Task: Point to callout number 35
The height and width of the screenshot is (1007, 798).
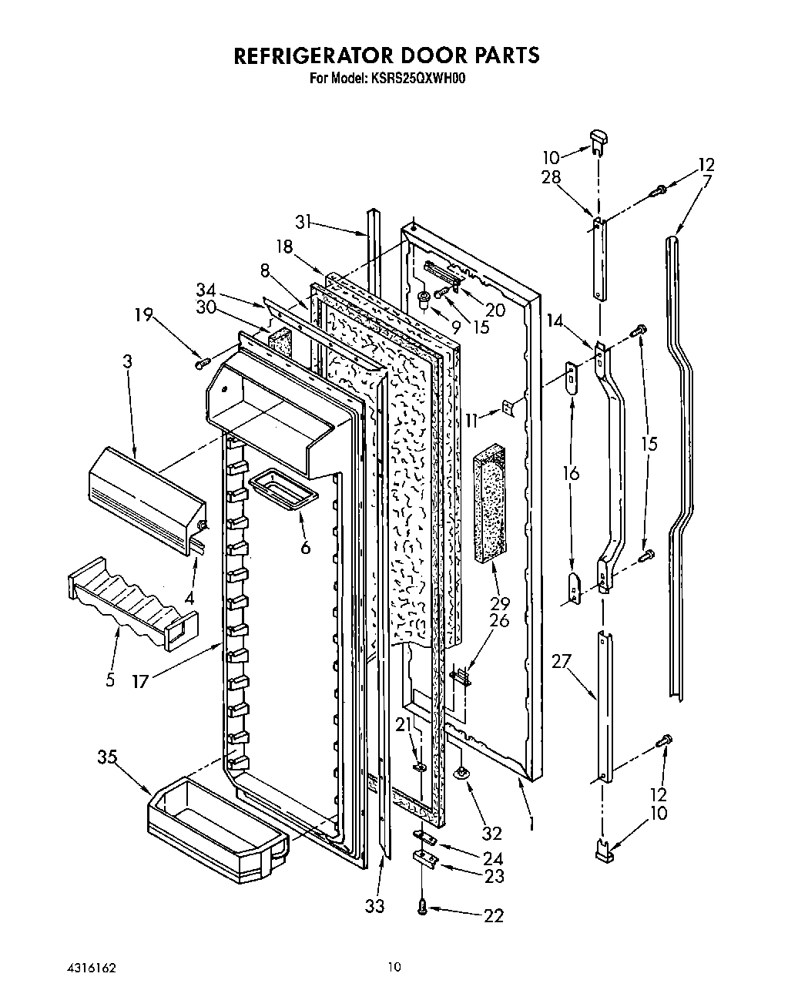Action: tap(107, 757)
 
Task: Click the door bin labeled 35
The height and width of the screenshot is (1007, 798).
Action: tap(216, 824)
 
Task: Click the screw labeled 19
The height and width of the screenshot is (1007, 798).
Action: tap(203, 361)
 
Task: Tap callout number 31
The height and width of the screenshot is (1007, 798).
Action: tap(305, 221)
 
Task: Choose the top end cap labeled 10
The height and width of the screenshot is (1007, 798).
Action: tap(599, 139)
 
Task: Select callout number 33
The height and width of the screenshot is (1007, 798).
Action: tap(374, 906)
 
